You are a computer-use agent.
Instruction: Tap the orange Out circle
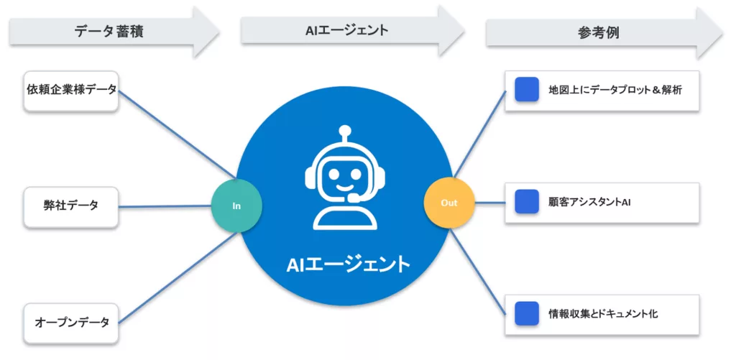click(x=449, y=203)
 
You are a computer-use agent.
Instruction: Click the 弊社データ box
click(x=70, y=206)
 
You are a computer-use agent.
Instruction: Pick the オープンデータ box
click(x=70, y=322)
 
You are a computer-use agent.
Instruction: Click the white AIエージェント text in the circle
click(x=348, y=264)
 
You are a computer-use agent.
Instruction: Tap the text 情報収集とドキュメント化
click(x=603, y=314)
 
